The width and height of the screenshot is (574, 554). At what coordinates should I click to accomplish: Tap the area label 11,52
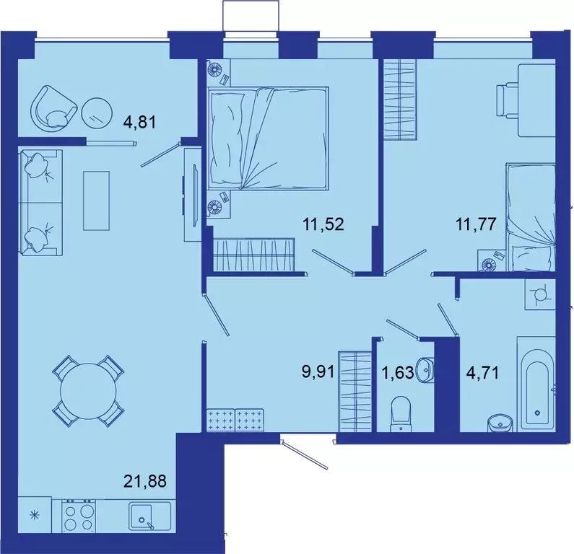click(323, 224)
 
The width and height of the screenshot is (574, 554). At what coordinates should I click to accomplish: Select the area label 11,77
click(475, 224)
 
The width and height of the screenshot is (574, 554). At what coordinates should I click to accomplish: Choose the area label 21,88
click(147, 480)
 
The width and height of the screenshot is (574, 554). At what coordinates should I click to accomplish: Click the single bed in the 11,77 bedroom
click(531, 216)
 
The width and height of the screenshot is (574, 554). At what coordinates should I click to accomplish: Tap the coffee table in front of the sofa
click(95, 200)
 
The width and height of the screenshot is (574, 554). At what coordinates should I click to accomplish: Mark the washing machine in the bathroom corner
click(539, 294)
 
